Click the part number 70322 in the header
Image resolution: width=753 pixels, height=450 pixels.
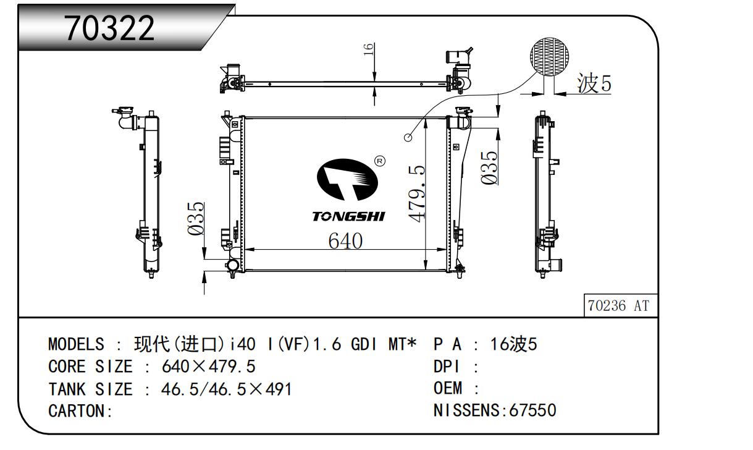click(x=110, y=28)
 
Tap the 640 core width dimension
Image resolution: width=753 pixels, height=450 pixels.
click(x=345, y=241)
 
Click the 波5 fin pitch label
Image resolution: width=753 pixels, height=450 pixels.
click(x=594, y=83)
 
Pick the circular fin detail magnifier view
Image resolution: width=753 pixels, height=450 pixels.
click(x=550, y=56)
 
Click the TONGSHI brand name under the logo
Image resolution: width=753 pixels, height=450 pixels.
click(x=348, y=216)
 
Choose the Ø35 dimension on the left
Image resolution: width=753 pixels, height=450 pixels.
click(x=196, y=218)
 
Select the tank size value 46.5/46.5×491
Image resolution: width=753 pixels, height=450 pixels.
click(x=227, y=389)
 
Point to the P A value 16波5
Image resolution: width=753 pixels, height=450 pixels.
click(x=513, y=344)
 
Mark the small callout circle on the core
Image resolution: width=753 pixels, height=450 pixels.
click(x=408, y=137)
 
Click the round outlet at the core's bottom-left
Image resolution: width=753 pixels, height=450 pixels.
click(x=233, y=266)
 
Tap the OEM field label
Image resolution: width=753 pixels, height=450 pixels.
click(x=448, y=389)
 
